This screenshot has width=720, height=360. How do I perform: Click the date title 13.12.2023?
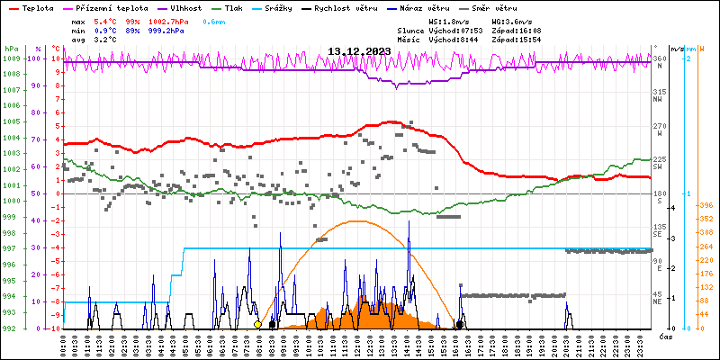tap(358, 51)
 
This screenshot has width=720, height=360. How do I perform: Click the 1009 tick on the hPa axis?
tap(11, 58)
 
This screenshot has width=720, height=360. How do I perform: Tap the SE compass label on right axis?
tap(658, 236)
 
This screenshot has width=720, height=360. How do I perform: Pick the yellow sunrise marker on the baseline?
tap(257, 325)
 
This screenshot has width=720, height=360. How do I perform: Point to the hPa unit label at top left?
tap(10, 48)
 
